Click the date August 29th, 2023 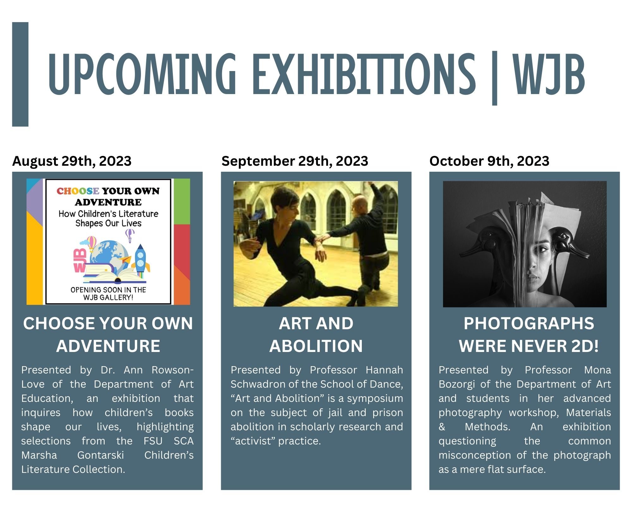coord(72,161)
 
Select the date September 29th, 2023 coord(295,161)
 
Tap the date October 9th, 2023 coord(489,161)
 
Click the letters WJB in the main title coord(549,74)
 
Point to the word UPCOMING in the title coord(142,74)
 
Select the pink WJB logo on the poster coord(80,260)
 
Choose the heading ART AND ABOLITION coord(316,335)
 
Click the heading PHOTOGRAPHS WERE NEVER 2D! coord(528,335)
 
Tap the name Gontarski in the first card coord(100,455)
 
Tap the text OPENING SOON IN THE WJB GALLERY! coord(108,294)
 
